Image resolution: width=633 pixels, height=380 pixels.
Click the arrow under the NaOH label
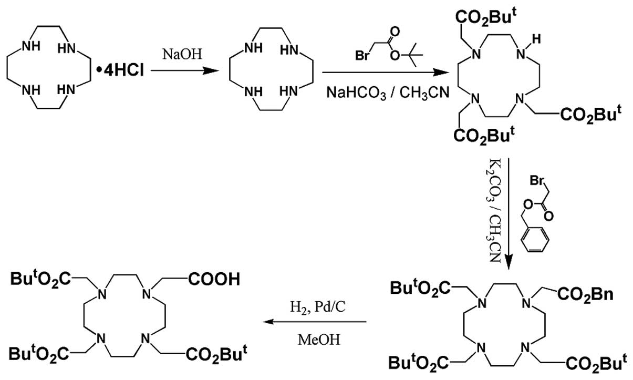[177, 68]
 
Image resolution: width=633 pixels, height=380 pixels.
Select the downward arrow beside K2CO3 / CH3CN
[509, 210]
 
